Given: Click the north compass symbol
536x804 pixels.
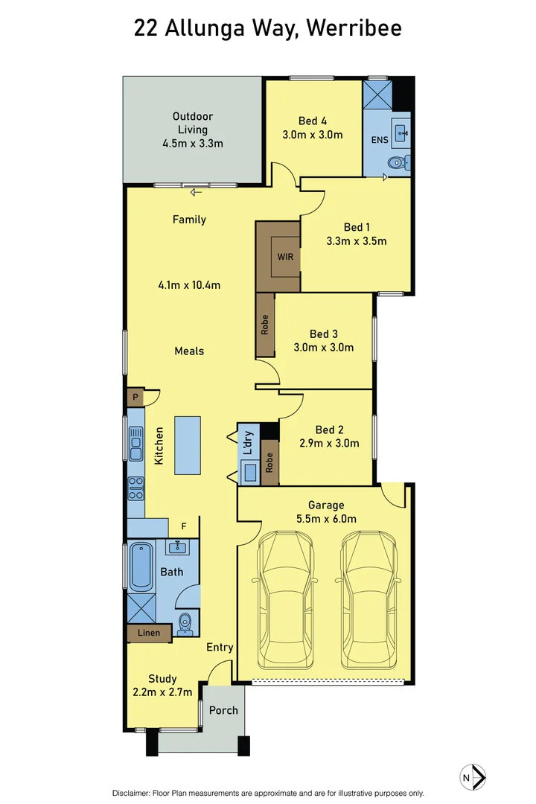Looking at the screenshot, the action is [473, 776].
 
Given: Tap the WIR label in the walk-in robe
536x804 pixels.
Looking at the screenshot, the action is [285, 256].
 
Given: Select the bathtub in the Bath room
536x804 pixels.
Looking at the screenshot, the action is [141, 567].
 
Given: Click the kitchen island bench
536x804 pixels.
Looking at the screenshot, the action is [187, 446].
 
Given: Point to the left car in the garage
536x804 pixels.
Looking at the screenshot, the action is [284, 599].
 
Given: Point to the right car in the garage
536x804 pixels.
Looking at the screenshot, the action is [368, 599].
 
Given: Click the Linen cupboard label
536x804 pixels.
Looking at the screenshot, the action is [149, 633].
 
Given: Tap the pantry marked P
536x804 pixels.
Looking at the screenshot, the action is [135, 397].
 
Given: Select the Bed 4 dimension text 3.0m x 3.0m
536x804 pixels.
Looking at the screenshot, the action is [313, 135].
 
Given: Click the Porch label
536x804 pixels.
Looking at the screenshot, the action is [223, 710].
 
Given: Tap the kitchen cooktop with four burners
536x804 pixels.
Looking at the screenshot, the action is [136, 488].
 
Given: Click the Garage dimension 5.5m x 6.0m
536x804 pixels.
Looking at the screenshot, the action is [326, 519].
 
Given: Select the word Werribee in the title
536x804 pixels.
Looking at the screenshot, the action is [354, 28].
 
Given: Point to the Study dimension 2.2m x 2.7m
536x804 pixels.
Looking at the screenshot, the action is [162, 692].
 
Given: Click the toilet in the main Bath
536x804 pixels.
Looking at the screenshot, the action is [185, 622].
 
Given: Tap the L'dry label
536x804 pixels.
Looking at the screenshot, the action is [248, 443].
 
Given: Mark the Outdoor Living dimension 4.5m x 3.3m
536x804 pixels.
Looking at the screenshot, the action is [193, 144].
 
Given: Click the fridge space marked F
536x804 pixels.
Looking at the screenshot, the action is [184, 526].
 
